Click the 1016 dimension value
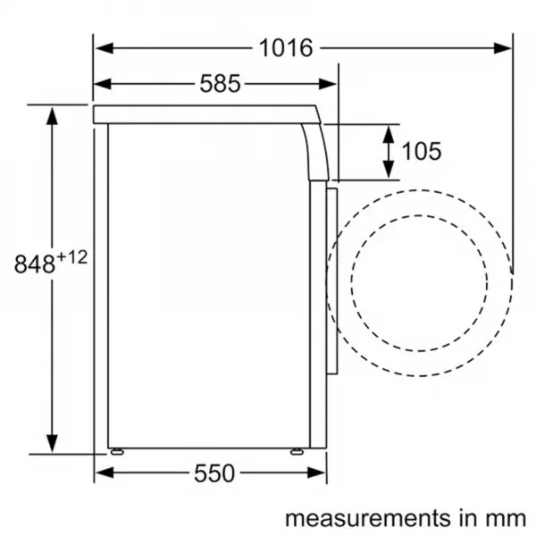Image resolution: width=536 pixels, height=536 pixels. pyautogui.click(x=286, y=48)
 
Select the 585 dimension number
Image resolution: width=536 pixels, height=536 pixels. pyautogui.click(x=220, y=84)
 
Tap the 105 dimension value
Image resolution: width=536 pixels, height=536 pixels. pyautogui.click(x=421, y=151)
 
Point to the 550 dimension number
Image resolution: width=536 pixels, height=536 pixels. pyautogui.click(x=214, y=473)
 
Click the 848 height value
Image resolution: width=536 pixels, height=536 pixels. pyautogui.click(x=35, y=264)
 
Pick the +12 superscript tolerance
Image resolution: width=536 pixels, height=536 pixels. pyautogui.click(x=71, y=257)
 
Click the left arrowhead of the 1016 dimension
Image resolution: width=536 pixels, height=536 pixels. pyautogui.click(x=105, y=48)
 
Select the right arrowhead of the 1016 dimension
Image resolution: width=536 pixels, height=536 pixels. pyautogui.click(x=502, y=48)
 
